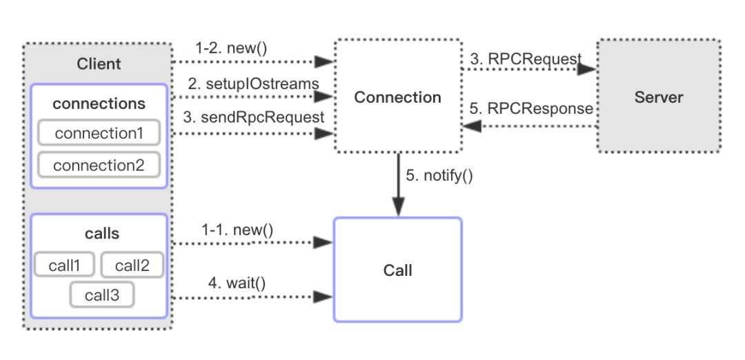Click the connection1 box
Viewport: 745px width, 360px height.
point(99,133)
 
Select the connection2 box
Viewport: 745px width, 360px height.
point(99,166)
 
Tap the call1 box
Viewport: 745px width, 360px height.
point(66,265)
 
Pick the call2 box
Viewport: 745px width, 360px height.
point(132,265)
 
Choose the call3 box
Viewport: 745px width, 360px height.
point(101,295)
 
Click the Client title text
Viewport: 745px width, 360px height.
point(99,64)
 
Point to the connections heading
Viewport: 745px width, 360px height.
point(99,103)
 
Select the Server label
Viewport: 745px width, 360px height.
point(658,97)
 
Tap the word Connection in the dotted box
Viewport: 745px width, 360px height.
point(397,97)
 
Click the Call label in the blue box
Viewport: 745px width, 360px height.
point(397,270)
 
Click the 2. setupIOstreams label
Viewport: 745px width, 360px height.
point(253,85)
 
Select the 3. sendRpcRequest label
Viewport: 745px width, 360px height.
point(253,117)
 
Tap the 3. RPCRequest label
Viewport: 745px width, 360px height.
point(525,59)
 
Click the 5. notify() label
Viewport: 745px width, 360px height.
point(439,175)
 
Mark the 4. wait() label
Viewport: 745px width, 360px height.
point(237,282)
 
